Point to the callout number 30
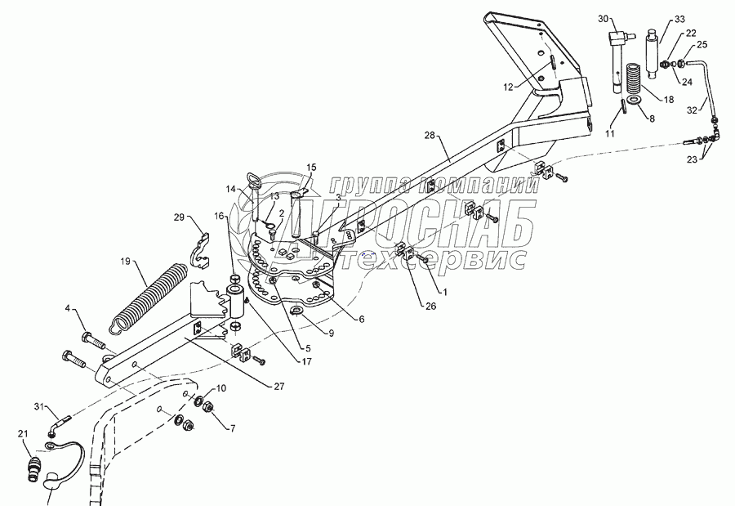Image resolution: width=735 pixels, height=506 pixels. tap(604, 19)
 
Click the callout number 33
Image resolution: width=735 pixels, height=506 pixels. tap(680, 19)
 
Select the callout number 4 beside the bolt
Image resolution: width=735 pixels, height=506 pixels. tap(68, 309)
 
